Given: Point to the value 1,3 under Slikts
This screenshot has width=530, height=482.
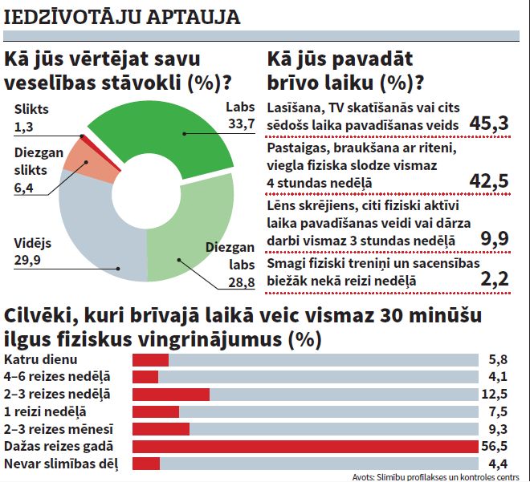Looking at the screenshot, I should [x=24, y=126].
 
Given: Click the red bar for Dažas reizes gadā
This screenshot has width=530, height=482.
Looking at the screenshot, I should [x=305, y=446].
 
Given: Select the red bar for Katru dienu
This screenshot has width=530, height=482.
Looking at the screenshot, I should [x=150, y=359].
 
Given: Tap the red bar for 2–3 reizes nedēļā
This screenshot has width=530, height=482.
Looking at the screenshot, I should [x=170, y=394].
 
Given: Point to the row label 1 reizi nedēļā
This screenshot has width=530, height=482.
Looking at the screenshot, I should [x=45, y=411].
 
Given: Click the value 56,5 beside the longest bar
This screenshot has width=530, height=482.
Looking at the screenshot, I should [x=498, y=446].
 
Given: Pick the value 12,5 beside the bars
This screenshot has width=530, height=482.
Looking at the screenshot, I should [x=498, y=394].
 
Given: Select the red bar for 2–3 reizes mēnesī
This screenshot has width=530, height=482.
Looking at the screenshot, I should [x=161, y=428].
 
